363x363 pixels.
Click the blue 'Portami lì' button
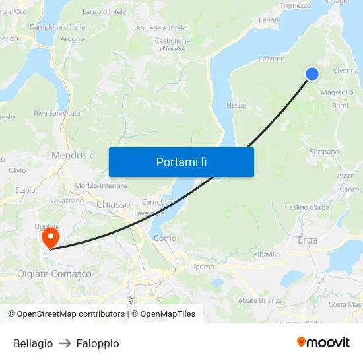coord(181,162)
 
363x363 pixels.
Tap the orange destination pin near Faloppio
coord(50,237)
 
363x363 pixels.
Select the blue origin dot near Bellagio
coord(312,74)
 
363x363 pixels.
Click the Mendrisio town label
coord(73,155)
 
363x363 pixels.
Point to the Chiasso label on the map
coord(114,204)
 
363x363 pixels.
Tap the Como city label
coord(164,238)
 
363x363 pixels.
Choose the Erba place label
coord(308,240)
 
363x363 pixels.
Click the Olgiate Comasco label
coord(54,273)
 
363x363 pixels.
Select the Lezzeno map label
coord(272,59)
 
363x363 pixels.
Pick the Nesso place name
coord(236,106)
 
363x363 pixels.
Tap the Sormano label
coord(324,152)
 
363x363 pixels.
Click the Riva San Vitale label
coord(57,113)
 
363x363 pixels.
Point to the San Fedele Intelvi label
coord(160,28)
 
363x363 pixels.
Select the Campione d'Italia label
coord(57,27)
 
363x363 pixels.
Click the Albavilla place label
coord(267,254)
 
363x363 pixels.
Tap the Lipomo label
coord(202,267)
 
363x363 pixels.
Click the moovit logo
coord(323,342)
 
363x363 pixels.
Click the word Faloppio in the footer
coord(98,343)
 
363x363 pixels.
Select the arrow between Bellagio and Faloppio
coord(65,343)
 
